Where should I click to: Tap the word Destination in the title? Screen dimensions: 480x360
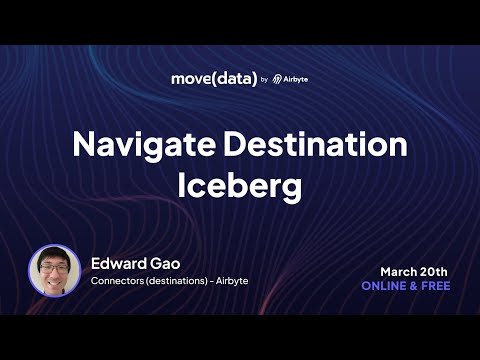(316, 144)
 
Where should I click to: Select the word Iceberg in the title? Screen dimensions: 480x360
(240, 187)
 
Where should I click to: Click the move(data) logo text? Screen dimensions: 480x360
(214, 79)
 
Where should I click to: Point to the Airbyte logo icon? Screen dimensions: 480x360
(277, 79)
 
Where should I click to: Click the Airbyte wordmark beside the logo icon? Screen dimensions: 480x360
(295, 80)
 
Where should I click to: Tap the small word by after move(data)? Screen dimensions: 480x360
(264, 80)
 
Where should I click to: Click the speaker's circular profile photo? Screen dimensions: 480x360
(55, 270)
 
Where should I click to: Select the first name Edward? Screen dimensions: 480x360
(118, 264)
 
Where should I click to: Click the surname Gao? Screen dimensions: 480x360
(165, 264)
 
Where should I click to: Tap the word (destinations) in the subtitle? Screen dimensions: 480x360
(177, 281)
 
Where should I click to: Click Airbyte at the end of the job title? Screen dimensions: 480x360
(232, 281)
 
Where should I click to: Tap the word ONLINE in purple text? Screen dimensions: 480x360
(384, 286)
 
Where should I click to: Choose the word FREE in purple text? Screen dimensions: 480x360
(436, 286)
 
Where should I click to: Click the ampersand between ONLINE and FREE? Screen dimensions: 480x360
(414, 286)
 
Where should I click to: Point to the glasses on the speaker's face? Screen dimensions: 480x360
(55, 268)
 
